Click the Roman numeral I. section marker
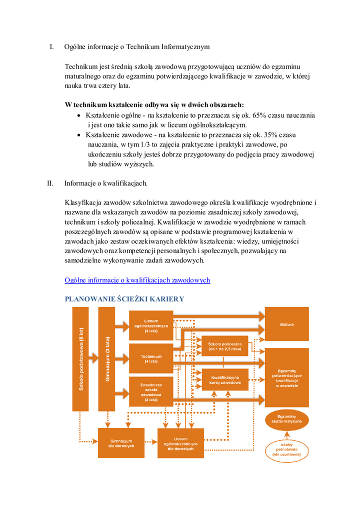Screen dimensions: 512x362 coord(51,47)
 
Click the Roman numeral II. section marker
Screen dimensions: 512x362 coord(50,183)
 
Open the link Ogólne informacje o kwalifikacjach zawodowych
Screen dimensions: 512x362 coord(137,280)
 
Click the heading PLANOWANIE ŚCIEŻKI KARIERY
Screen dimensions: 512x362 coord(124,299)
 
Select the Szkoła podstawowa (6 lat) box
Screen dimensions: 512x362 coord(80,358)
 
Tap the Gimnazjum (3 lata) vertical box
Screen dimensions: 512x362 coord(107,358)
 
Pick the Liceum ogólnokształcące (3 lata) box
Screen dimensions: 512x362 coord(151,325)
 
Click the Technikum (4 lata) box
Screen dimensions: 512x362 coord(151,358)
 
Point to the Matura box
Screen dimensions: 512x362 coord(286,324)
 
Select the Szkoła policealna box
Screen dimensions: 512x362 coord(225,346)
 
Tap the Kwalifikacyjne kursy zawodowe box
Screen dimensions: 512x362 coord(225,379)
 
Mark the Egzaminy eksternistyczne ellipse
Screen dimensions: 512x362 coord(286,419)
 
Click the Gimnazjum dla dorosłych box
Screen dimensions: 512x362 coord(122,443)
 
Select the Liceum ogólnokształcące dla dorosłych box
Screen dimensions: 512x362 coord(180,443)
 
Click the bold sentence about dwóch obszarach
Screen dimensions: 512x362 coord(154,104)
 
